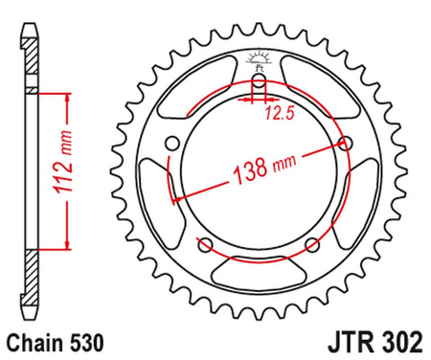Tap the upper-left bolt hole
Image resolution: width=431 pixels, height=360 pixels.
pos(172,144)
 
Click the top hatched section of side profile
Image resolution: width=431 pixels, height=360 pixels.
pos(33,57)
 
